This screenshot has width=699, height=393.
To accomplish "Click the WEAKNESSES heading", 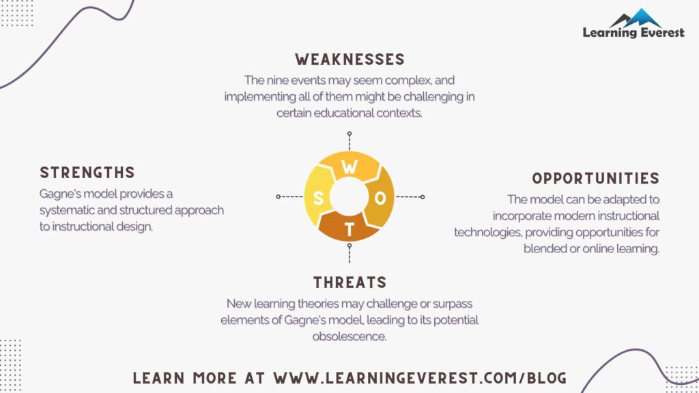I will click(349, 59).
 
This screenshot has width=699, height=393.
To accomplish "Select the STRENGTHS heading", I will click(87, 173).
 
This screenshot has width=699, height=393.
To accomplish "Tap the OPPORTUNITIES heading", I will click(596, 179).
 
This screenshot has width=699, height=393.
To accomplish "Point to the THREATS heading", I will click(349, 282).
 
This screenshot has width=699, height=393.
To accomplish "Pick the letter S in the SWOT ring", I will click(318, 199).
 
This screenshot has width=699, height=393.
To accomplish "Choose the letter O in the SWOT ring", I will click(381, 198).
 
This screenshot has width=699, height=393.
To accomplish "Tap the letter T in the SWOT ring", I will click(349, 229).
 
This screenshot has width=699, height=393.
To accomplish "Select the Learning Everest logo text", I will click(633, 33).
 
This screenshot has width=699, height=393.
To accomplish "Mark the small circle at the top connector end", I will click(349, 133).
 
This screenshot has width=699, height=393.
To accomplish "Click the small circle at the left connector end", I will click(278, 196).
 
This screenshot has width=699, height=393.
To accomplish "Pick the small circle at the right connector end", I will click(422, 196).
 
